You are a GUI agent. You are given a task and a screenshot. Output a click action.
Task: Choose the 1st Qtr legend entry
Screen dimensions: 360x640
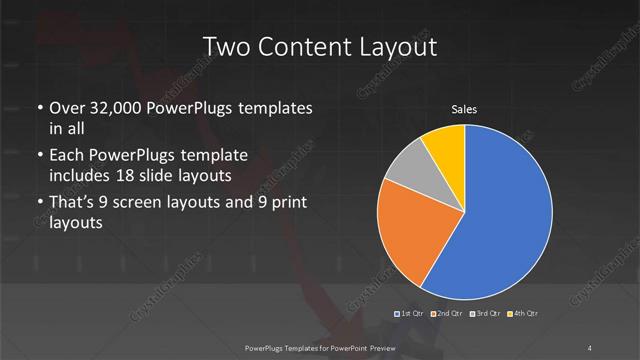click(411, 315)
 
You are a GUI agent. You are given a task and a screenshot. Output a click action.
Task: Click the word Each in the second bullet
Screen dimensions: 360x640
click(67, 155)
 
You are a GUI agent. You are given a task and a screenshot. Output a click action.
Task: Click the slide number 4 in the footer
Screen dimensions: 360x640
click(591, 347)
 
